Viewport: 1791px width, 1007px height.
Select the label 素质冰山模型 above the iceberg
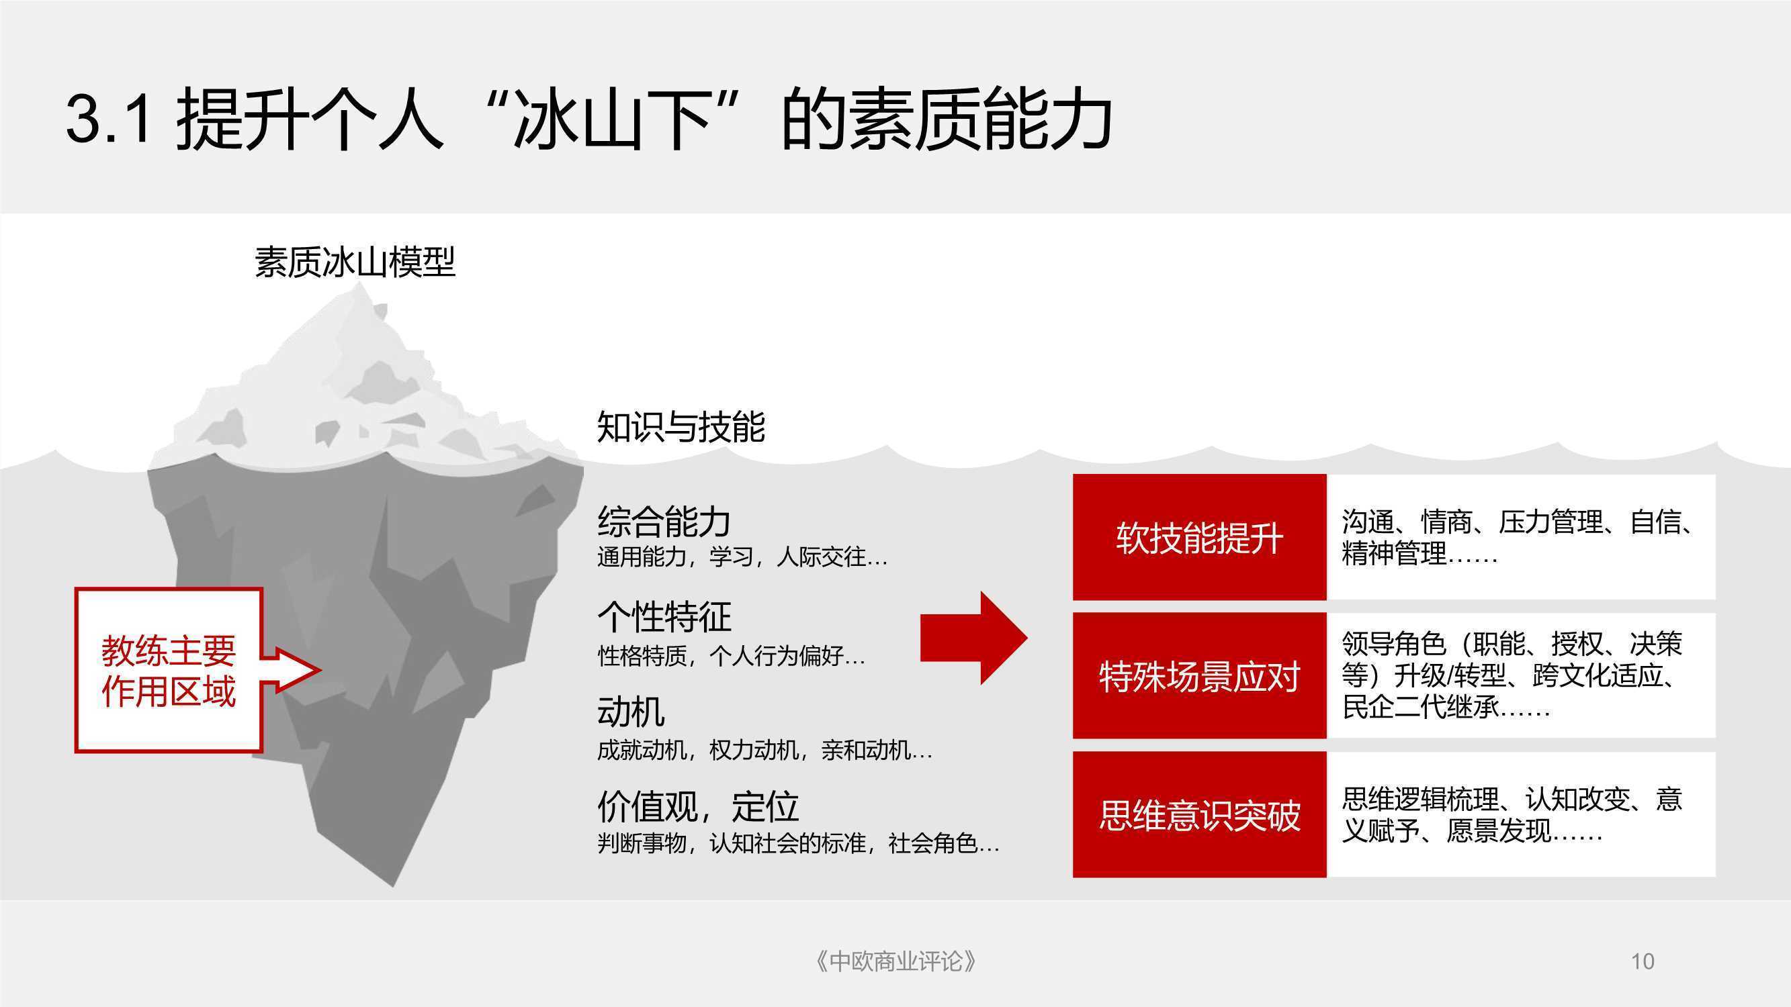[355, 262]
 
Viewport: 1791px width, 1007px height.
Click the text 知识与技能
[681, 426]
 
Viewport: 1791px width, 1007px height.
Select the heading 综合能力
[664, 521]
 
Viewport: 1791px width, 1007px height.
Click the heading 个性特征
[664, 616]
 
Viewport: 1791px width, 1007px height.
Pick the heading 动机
[631, 711]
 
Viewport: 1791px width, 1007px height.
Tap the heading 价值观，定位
[698, 806]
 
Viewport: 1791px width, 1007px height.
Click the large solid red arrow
[973, 638]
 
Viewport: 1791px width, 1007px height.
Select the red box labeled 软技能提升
[1199, 537]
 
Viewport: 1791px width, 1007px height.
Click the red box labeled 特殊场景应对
[1199, 675]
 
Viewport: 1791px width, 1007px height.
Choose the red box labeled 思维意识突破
[1199, 814]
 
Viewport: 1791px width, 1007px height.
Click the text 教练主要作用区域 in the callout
[168, 671]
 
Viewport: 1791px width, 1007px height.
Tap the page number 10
[1643, 961]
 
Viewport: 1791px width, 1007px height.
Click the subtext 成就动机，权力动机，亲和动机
[764, 750]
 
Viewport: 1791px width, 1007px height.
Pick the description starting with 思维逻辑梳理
[1512, 814]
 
